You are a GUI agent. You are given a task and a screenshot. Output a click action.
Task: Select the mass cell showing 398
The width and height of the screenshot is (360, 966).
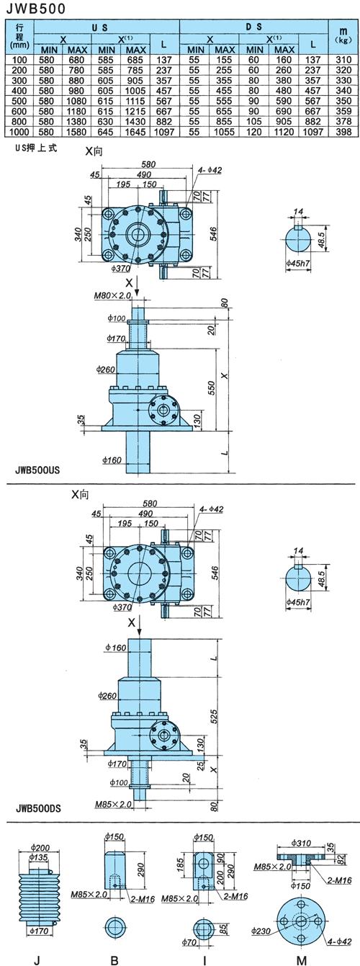(343, 132)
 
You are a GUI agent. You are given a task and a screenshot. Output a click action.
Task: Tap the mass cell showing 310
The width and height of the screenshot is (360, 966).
(343, 60)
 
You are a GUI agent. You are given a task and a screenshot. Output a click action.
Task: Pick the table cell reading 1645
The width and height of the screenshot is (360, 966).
(135, 132)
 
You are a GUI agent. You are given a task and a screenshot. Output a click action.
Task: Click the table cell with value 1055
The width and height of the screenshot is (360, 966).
(224, 132)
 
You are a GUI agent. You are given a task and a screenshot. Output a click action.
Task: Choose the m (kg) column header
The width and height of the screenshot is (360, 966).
(343, 36)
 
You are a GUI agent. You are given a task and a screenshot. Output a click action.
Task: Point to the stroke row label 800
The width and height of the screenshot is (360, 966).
(19, 122)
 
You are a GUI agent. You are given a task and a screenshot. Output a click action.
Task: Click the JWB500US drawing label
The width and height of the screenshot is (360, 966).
(37, 470)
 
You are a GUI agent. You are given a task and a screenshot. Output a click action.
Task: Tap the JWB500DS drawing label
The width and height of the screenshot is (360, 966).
(37, 807)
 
